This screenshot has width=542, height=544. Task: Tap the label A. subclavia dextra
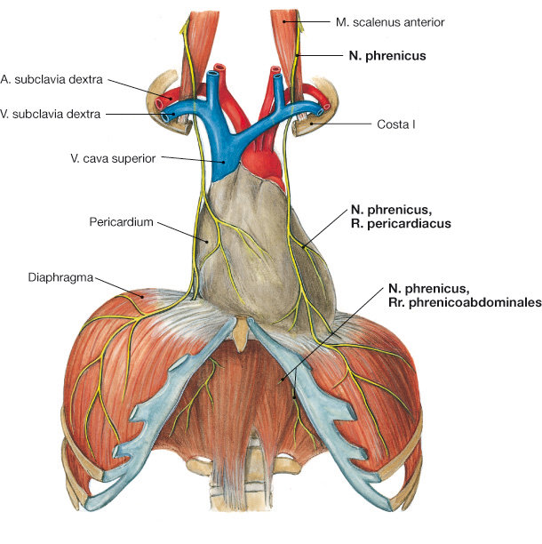click(53, 79)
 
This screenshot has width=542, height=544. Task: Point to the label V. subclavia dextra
click(52, 113)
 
